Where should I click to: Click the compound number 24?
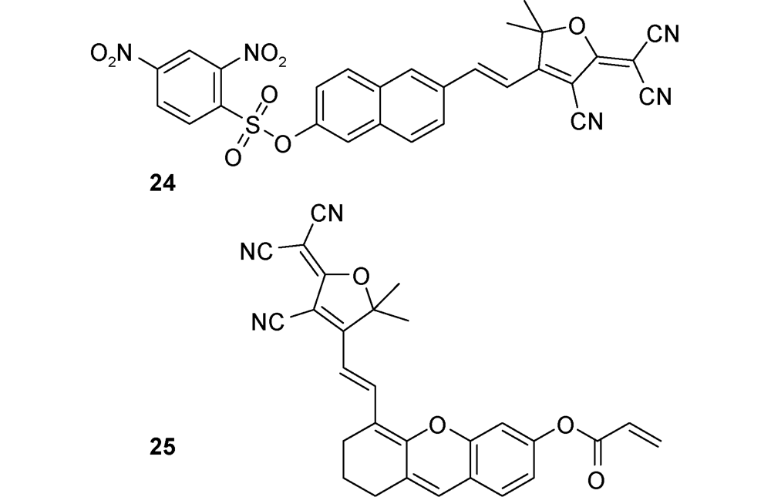(x=162, y=183)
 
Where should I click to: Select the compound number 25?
(x=162, y=448)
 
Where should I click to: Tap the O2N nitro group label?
(x=112, y=54)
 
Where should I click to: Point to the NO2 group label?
(x=264, y=54)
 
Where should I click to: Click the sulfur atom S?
(x=252, y=124)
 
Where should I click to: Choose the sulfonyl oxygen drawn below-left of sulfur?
(x=233, y=157)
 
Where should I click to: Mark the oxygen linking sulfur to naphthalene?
(x=281, y=143)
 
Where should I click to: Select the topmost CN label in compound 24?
(x=663, y=35)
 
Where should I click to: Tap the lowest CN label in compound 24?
(x=587, y=121)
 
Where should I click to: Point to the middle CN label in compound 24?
(x=656, y=96)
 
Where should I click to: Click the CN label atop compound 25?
(x=327, y=214)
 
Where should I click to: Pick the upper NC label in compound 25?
(x=257, y=252)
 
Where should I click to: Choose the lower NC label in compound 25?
(x=268, y=323)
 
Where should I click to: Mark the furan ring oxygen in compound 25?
(x=362, y=277)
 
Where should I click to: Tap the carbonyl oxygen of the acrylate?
(x=596, y=480)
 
